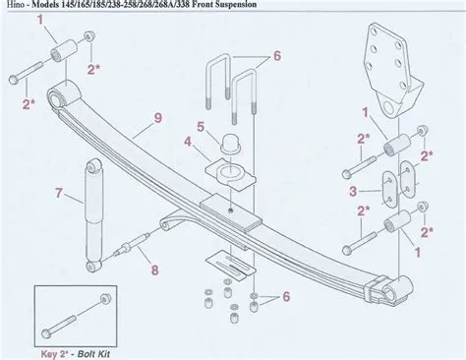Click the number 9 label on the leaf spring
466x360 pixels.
tap(158, 121)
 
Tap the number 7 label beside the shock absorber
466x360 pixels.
tap(59, 193)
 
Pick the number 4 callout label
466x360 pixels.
tap(200, 126)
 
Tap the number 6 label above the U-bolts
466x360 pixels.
tap(277, 55)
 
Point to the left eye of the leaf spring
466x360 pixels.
tap(70, 96)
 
